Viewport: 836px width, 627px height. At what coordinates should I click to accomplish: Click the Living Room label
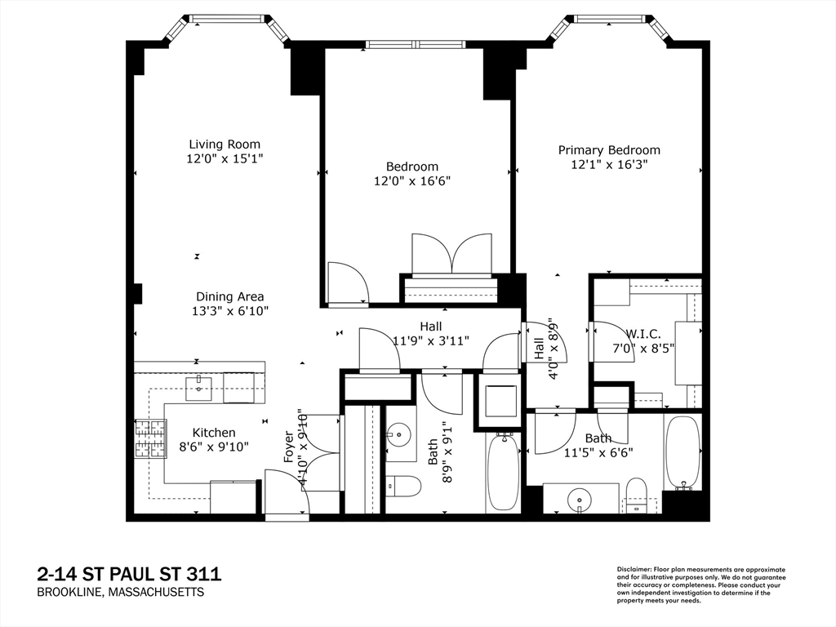pos(225,144)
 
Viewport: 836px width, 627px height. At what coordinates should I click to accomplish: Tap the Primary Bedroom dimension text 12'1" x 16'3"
pos(609,164)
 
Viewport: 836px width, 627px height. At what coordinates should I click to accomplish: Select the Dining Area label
pos(229,296)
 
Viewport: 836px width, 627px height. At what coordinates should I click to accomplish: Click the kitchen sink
pos(198,388)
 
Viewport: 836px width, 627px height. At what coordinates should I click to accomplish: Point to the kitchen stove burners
pos(150,438)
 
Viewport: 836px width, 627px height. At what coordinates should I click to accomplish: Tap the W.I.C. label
pos(643,334)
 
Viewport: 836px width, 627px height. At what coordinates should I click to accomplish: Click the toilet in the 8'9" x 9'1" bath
pos(403,485)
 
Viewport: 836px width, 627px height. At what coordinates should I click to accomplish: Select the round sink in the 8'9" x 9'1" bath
pos(398,434)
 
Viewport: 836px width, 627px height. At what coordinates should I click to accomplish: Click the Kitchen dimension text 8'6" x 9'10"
pos(215,447)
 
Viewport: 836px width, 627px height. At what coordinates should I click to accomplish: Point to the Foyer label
pos(289,447)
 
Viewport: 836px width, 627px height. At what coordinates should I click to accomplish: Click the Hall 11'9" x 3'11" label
pos(431,333)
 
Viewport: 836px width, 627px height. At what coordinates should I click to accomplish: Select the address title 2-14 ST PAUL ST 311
pos(129,574)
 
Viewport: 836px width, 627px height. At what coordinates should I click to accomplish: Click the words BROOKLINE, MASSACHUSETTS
pos(121,593)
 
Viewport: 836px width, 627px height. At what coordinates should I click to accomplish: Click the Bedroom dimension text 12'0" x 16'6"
pos(412,181)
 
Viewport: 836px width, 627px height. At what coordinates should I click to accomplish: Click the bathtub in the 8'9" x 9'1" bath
pos(503,472)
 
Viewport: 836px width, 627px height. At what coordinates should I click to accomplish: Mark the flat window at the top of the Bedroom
pos(416,44)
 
